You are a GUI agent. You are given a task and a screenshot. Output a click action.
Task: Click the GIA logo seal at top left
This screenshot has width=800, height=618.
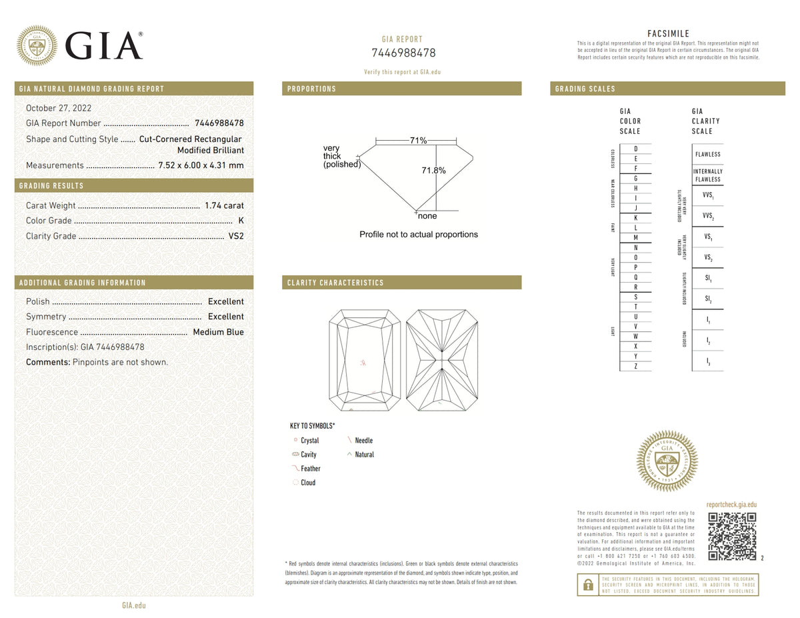pyautogui.click(x=37, y=45)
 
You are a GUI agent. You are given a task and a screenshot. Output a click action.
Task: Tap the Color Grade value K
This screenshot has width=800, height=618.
pyautogui.click(x=241, y=221)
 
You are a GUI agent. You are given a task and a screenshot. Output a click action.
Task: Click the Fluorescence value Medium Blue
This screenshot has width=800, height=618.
pyautogui.click(x=218, y=332)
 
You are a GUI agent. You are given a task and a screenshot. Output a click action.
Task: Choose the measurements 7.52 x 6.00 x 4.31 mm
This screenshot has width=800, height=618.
pyautogui.click(x=201, y=165)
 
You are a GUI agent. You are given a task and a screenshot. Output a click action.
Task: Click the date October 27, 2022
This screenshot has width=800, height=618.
pyautogui.click(x=59, y=108)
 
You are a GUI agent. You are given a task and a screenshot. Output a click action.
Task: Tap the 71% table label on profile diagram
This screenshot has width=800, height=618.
pyautogui.click(x=418, y=140)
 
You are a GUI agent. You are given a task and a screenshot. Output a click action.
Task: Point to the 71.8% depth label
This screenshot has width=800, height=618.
pyautogui.click(x=433, y=171)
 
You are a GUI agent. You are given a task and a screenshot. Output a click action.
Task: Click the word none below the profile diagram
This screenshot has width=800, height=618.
pyautogui.click(x=427, y=216)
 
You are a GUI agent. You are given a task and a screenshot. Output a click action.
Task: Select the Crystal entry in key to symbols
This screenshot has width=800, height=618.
pyautogui.click(x=309, y=441)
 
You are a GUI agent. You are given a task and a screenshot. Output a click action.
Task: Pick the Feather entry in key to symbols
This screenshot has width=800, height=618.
pyautogui.click(x=310, y=469)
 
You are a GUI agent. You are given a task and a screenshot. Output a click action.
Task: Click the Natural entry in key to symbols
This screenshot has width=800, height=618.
pyautogui.click(x=364, y=455)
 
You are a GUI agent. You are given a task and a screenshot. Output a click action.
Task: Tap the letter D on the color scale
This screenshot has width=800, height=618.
pyautogui.click(x=636, y=149)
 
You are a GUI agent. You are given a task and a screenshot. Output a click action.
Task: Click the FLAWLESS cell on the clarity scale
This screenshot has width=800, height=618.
pyautogui.click(x=707, y=154)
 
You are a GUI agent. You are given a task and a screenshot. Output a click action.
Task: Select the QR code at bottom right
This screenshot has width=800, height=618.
pyautogui.click(x=732, y=537)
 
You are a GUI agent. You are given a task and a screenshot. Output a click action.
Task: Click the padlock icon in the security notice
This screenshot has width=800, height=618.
pyautogui.click(x=588, y=585)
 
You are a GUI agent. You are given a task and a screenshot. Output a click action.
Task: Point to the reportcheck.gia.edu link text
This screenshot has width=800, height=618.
pyautogui.click(x=731, y=505)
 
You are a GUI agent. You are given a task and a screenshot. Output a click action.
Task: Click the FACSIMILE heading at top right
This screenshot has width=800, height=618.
pyautogui.click(x=668, y=34)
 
